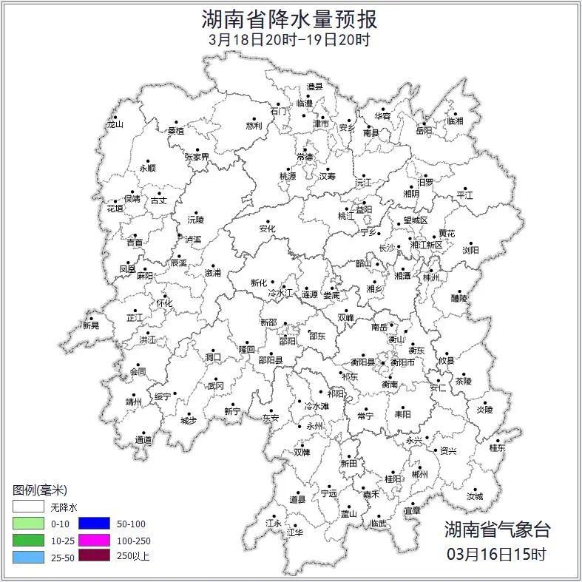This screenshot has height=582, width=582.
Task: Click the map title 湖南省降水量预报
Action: click(x=289, y=18)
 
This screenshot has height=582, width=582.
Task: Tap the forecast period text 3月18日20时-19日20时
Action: click(x=289, y=40)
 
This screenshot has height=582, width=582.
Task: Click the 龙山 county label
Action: click(x=115, y=124)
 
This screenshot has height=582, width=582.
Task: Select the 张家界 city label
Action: click(x=197, y=158)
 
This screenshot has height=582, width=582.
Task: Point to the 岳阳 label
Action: click(x=424, y=131)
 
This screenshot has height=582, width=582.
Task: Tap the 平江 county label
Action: click(x=464, y=195)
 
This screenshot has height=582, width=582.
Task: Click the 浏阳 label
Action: click(x=470, y=250)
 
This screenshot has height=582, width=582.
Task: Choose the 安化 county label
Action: click(x=267, y=229)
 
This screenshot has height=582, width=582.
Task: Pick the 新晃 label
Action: click(x=91, y=325)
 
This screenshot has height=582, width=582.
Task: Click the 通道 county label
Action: click(x=143, y=441)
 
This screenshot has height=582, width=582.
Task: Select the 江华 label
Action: click(x=296, y=532)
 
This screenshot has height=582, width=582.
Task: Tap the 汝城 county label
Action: click(x=474, y=497)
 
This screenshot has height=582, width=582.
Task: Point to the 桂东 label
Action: click(x=497, y=447)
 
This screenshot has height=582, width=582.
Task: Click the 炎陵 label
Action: click(x=484, y=409)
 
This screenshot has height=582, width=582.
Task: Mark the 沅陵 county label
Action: click(x=195, y=220)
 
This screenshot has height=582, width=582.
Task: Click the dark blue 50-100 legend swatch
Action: click(x=94, y=524)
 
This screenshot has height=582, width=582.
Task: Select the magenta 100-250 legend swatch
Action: click(x=94, y=540)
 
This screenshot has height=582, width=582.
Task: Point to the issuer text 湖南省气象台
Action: click(x=498, y=529)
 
